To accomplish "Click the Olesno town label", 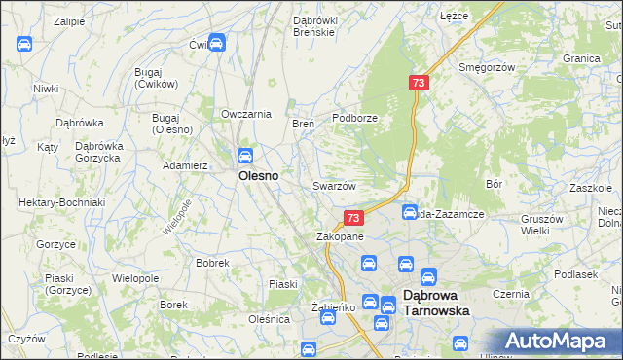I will [x=259, y=177].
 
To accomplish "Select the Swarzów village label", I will [x=334, y=186].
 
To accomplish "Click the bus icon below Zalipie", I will [x=24, y=43].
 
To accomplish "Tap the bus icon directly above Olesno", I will [x=245, y=155].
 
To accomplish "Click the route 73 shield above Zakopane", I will [x=353, y=219].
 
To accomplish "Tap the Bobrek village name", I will [x=212, y=263].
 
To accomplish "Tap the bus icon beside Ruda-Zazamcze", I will [x=410, y=211].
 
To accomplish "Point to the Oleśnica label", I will [x=269, y=318].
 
